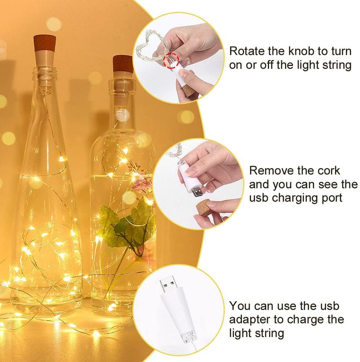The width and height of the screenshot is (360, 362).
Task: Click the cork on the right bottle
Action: [122, 64]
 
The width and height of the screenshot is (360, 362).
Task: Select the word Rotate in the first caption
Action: [248, 51]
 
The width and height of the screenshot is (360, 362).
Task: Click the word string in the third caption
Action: [268, 333]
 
